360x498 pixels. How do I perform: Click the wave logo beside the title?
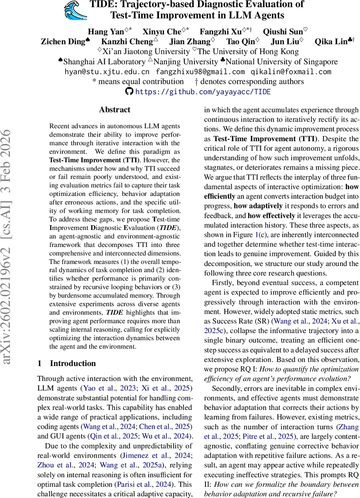[76, 10]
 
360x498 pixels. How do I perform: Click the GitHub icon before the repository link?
[129, 91]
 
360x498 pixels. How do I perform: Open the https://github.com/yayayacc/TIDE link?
[203, 91]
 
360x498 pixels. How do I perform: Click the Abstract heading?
[115, 110]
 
